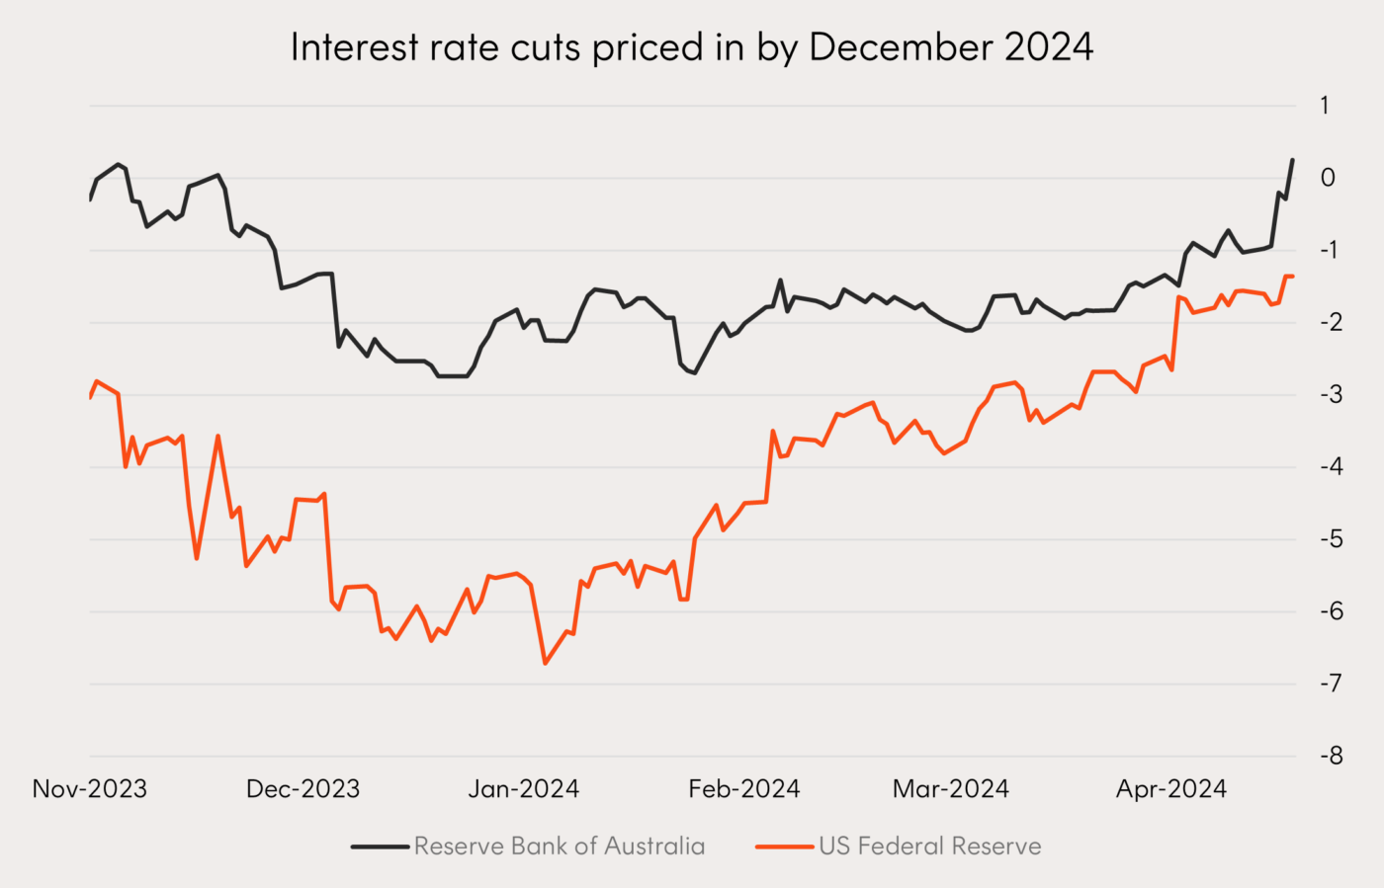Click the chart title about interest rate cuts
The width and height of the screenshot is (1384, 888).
tap(691, 47)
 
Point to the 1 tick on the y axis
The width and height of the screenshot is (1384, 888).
tap(1325, 105)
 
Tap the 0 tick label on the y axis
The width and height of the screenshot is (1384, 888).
tap(1327, 178)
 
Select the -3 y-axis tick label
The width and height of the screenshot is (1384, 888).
tap(1331, 394)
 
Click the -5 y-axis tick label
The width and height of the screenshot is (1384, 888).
tap(1331, 538)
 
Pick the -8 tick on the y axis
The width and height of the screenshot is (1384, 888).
tap(1331, 756)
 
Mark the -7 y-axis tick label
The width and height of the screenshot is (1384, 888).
tap(1331, 683)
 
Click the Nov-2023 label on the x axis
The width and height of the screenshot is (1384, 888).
tap(90, 789)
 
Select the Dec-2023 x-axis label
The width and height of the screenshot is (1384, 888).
tap(303, 789)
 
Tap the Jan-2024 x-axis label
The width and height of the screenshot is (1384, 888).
tap(524, 789)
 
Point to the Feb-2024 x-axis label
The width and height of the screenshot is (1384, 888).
tap(744, 789)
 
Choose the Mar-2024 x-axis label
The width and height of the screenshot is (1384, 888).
tap(951, 789)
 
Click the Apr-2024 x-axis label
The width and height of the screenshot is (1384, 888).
tap(1171, 789)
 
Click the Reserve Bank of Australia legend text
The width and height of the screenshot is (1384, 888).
tap(560, 847)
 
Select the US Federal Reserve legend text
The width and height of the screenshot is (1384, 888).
tap(929, 847)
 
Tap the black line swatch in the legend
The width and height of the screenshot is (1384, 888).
tap(381, 847)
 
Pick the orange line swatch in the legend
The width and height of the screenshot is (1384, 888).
tap(785, 847)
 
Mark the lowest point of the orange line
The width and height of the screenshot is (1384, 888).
tap(545, 663)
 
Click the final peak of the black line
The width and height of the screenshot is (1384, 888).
tap(1292, 160)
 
